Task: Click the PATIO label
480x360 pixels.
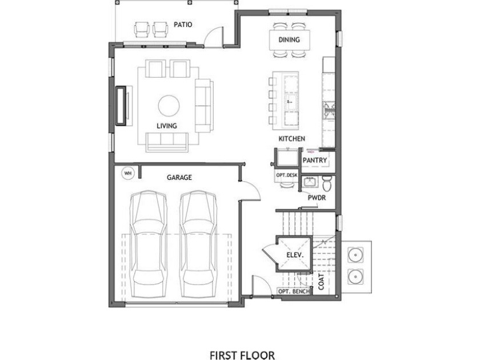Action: pos(182,25)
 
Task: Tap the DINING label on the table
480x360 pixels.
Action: pos(289,40)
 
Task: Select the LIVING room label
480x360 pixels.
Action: pos(167,125)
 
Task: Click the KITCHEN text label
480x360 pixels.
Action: pos(291,139)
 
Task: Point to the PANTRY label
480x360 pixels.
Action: pos(315,161)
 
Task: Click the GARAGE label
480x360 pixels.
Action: pos(179,178)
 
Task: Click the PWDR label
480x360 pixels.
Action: pos(316,198)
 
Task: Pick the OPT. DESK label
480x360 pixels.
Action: pos(286,175)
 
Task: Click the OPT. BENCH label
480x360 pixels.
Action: pos(294,291)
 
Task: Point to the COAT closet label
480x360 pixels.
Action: pos(321,281)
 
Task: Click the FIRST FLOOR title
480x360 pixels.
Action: pos(241,339)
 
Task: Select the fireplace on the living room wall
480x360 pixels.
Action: pos(122,106)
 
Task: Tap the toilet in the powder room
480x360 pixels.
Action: pos(326,184)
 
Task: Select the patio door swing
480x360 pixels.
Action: pos(213,35)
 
